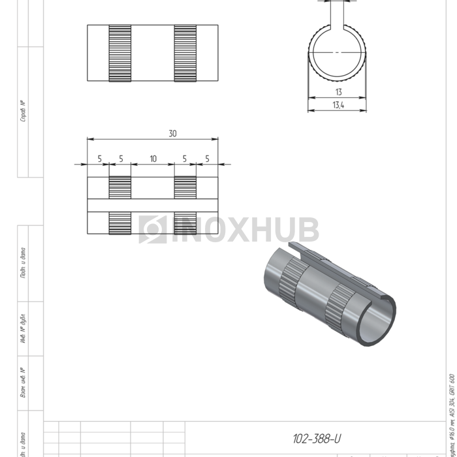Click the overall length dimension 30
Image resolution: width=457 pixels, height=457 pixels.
coord(172,134)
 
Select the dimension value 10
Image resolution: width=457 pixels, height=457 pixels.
coord(153,159)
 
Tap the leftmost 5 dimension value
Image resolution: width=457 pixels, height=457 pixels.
coord(99,159)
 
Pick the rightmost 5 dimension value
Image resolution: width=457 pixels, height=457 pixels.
coord(207,159)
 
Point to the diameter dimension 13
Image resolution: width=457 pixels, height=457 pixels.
coord(338,93)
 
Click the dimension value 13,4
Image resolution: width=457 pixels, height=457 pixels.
coord(338,105)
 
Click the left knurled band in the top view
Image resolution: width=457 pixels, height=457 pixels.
coord(120,54)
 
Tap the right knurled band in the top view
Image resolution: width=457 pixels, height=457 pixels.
coord(185,54)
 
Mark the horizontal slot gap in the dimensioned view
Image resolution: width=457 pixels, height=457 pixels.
coord(153,205)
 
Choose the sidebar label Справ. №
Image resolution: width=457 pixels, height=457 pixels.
coord(23,111)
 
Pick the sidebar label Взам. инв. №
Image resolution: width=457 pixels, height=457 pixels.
coord(23,383)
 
